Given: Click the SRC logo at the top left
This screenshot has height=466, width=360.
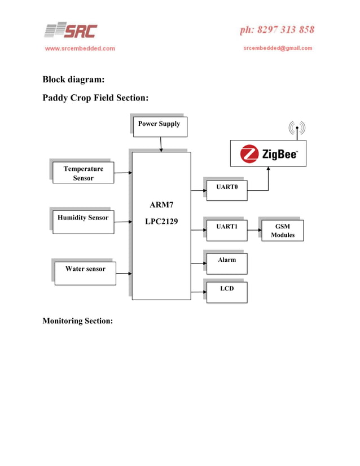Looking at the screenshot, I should click(71, 30).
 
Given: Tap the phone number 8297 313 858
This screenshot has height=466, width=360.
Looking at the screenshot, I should click(277, 30).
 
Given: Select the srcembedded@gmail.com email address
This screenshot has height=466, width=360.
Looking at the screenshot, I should click(278, 49).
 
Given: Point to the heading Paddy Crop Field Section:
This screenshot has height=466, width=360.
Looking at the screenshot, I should click(95, 98).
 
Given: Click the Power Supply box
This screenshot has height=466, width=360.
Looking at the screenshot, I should click(159, 126).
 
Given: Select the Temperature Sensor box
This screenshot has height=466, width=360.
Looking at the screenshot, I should click(84, 173).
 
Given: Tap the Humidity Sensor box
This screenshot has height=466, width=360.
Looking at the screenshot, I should click(83, 221).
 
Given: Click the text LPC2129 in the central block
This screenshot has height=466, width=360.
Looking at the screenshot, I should click(161, 222).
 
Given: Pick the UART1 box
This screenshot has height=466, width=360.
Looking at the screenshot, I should click(227, 229).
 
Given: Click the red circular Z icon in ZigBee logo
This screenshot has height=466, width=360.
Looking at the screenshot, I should click(249, 153).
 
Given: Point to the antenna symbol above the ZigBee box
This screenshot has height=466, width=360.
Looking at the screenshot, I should click(297, 129).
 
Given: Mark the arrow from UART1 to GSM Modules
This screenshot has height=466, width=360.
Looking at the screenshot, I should click(254, 230).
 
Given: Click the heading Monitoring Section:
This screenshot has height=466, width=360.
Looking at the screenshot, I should click(78, 321).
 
